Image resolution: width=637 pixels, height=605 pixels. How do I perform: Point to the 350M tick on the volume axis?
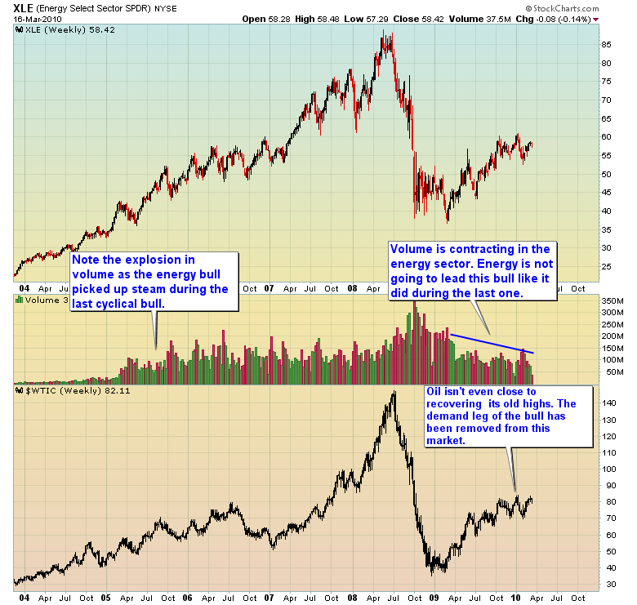612,301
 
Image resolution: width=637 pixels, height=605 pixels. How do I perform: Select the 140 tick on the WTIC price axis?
609,403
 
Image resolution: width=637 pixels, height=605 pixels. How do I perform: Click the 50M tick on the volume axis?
609,372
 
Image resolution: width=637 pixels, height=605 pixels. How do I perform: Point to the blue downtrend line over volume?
490,344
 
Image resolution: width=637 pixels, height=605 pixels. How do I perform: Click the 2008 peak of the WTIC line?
394,393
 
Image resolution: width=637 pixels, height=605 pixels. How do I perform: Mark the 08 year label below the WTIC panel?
353,597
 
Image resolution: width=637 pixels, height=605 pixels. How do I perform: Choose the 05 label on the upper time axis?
106,288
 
